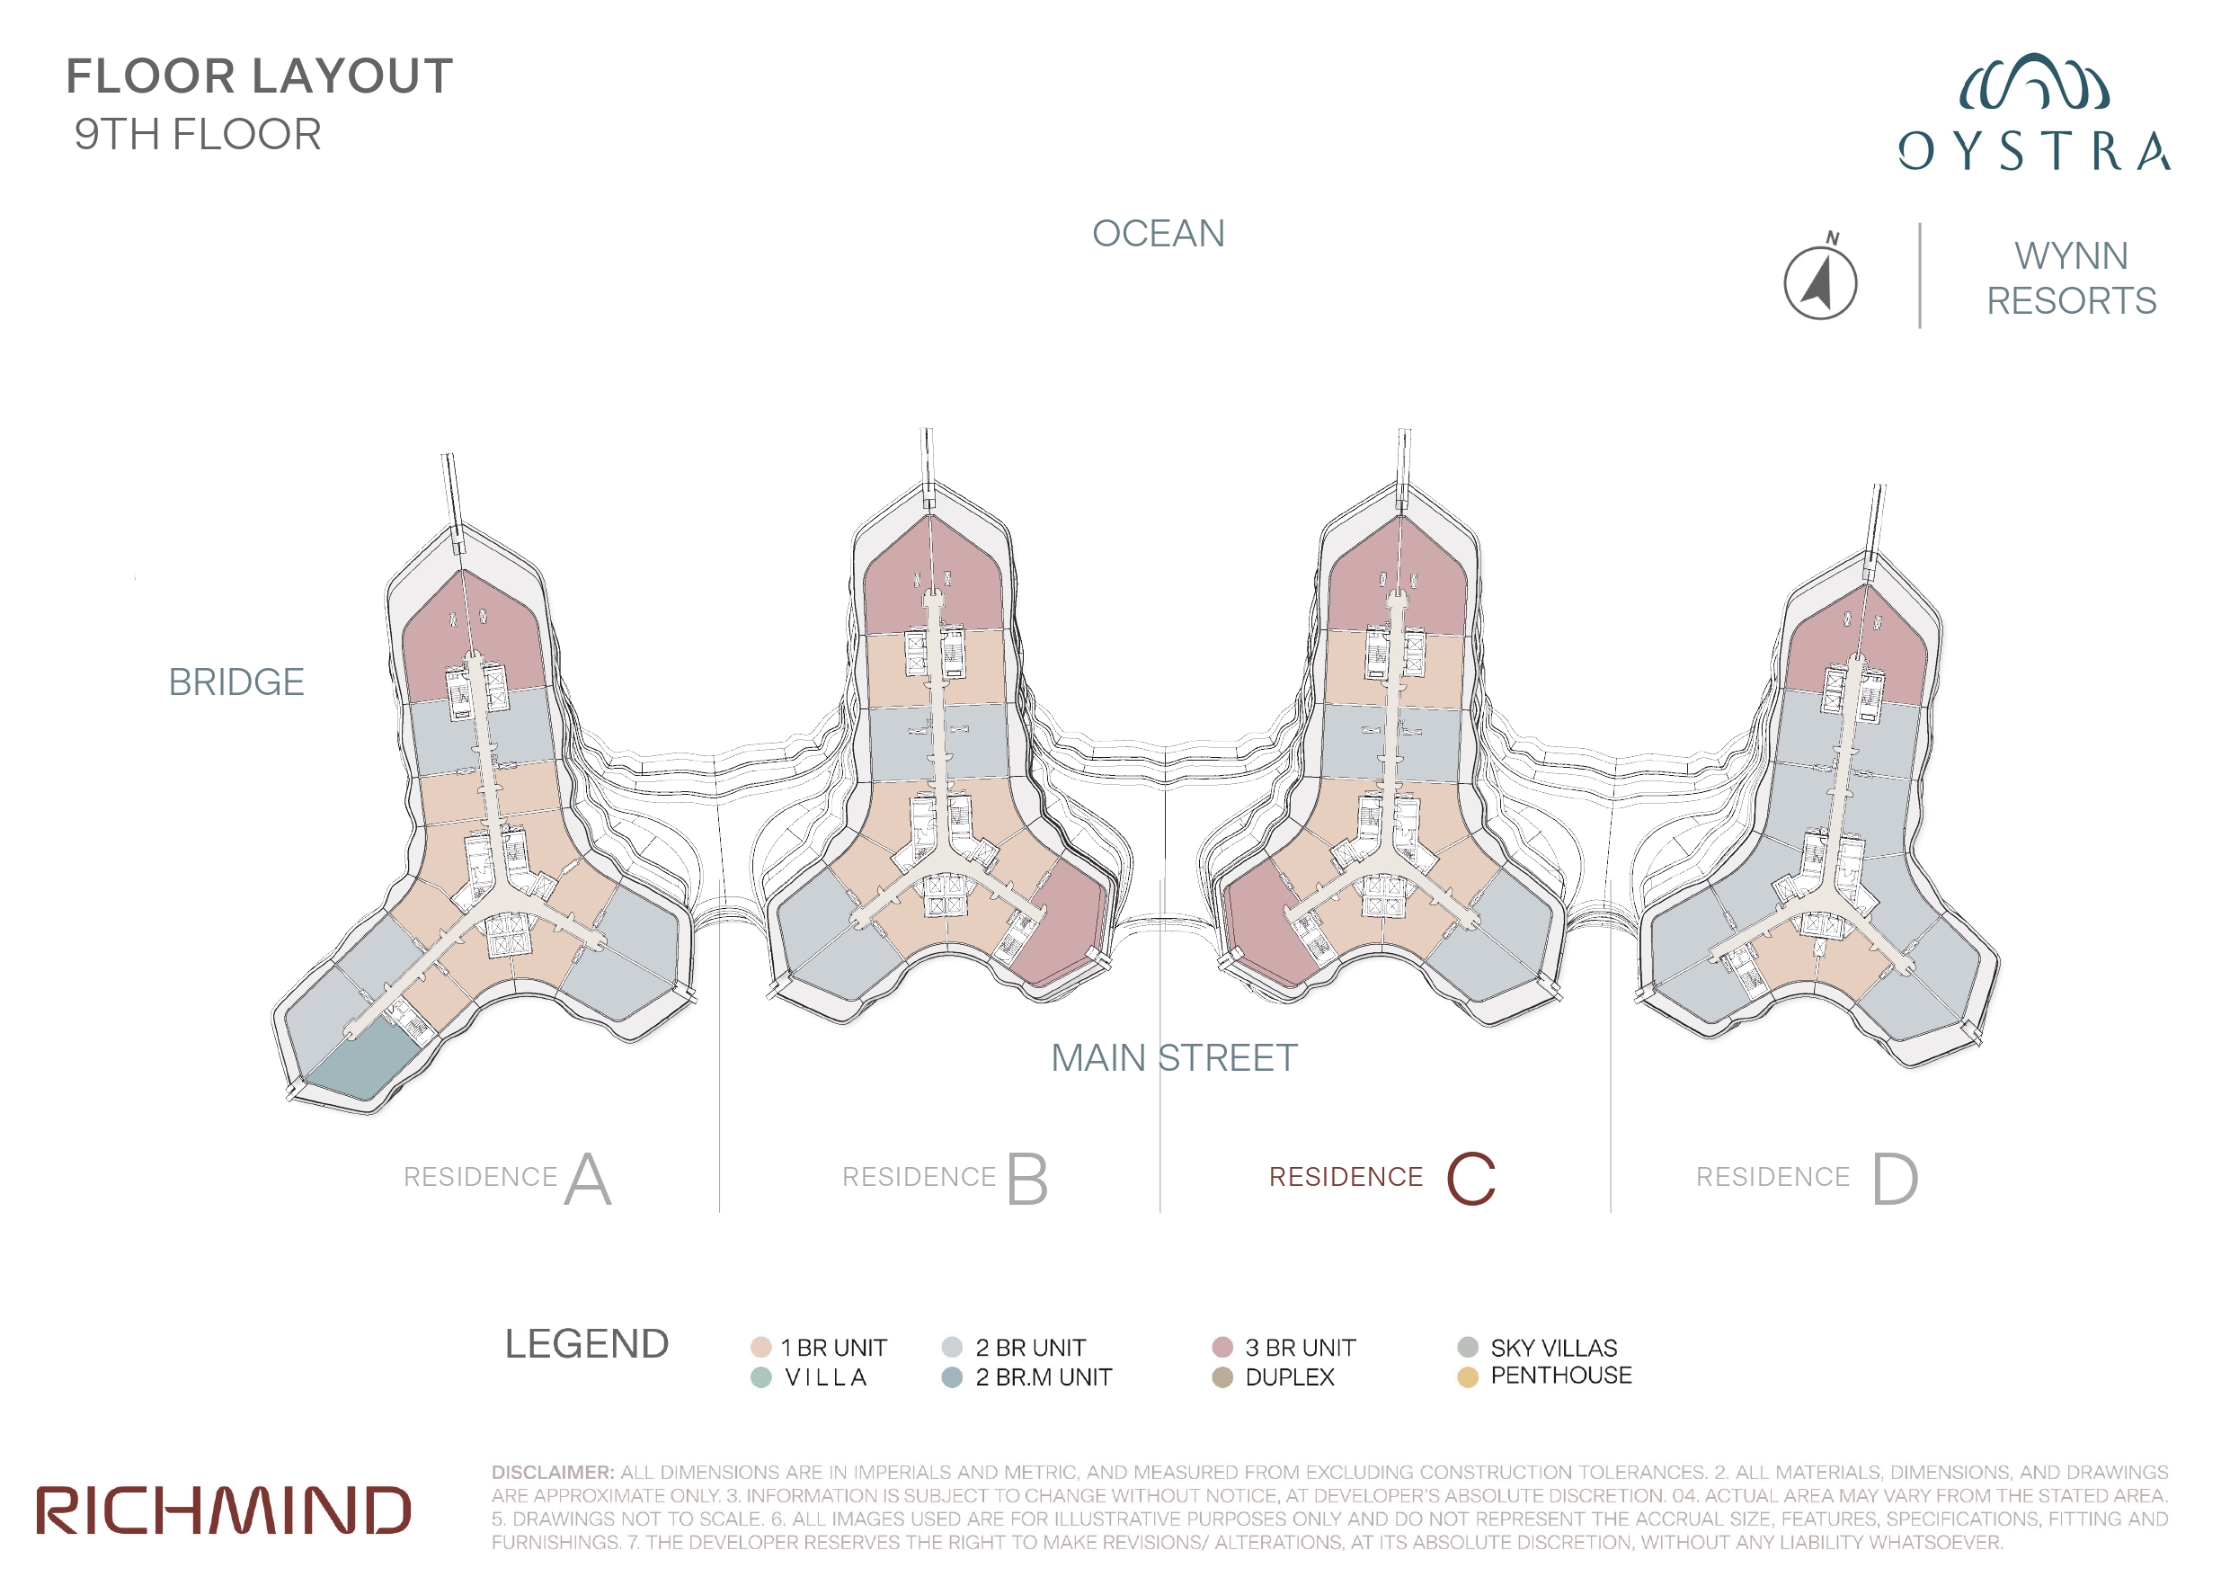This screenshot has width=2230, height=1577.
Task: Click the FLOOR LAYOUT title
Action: [x=260, y=76]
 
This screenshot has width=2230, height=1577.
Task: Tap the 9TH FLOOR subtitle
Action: [x=198, y=134]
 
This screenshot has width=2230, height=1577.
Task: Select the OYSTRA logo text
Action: [x=2034, y=151]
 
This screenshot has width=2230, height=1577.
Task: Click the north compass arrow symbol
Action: [x=1820, y=280]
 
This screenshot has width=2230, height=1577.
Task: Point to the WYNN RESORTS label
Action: [x=2071, y=278]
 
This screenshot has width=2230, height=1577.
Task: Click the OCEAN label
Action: [x=1158, y=233]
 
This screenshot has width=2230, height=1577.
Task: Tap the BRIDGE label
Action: [x=236, y=682]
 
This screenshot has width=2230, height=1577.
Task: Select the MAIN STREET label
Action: [x=1174, y=1057]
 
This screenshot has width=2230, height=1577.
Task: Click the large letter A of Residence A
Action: [x=588, y=1179]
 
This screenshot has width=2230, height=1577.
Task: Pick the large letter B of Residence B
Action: [x=1026, y=1179]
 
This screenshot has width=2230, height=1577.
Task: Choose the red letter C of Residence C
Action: [x=1470, y=1179]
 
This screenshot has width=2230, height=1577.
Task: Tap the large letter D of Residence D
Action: [x=1895, y=1179]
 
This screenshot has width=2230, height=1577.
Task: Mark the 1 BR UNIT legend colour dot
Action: [x=760, y=1347]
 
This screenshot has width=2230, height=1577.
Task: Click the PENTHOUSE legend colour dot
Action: [x=1468, y=1377]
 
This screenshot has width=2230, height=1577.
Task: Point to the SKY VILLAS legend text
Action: [x=1554, y=1348]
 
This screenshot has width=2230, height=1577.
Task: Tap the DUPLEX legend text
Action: [x=1290, y=1377]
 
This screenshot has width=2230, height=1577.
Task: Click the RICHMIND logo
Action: [x=224, y=1510]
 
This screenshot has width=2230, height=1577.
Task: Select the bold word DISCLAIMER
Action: [x=553, y=1472]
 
